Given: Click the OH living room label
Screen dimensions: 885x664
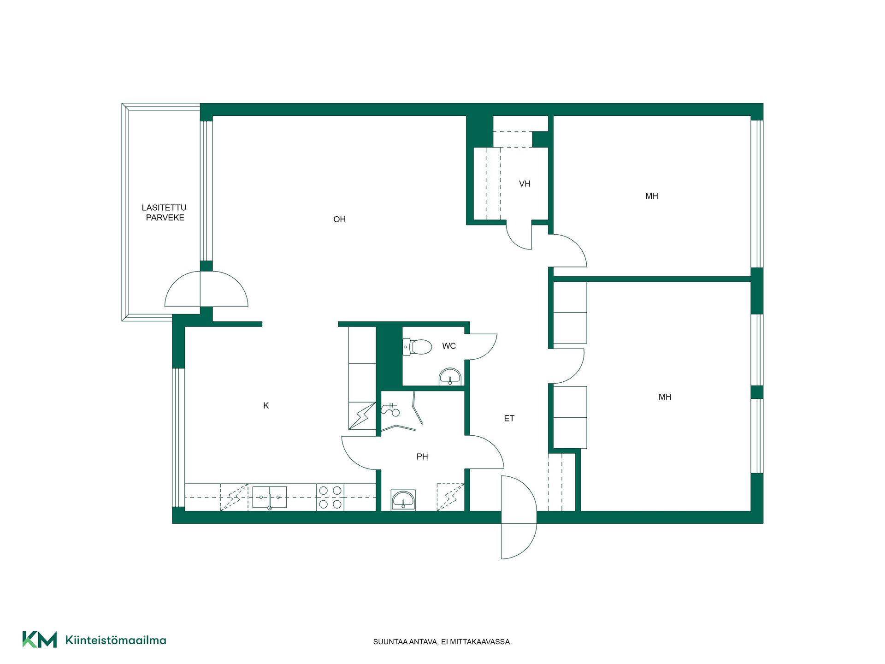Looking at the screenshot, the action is (339, 219).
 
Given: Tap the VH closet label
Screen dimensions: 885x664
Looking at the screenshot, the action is (525, 184).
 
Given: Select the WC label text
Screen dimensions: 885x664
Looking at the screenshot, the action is (449, 346).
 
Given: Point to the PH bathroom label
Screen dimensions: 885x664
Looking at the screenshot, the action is (422, 457).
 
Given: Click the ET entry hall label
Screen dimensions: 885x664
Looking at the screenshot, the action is (509, 419).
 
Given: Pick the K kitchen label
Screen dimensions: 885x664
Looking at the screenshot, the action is (266, 406).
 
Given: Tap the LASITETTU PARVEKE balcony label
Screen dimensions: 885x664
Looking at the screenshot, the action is (165, 213).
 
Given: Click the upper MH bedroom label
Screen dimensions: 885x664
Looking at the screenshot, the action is (652, 196).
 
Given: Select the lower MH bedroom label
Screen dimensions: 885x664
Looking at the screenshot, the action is (665, 397).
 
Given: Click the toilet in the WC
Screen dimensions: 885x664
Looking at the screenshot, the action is (417, 347).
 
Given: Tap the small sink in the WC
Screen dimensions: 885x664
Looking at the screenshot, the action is (450, 376).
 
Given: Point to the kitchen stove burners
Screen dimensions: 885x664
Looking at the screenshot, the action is (330, 498).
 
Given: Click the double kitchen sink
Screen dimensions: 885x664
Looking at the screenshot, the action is (270, 498).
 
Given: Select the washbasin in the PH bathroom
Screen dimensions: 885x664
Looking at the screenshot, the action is (403, 500).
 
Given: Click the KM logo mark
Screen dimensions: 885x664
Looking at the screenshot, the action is (40, 640).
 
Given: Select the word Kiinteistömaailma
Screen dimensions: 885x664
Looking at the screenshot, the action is (116, 640).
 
